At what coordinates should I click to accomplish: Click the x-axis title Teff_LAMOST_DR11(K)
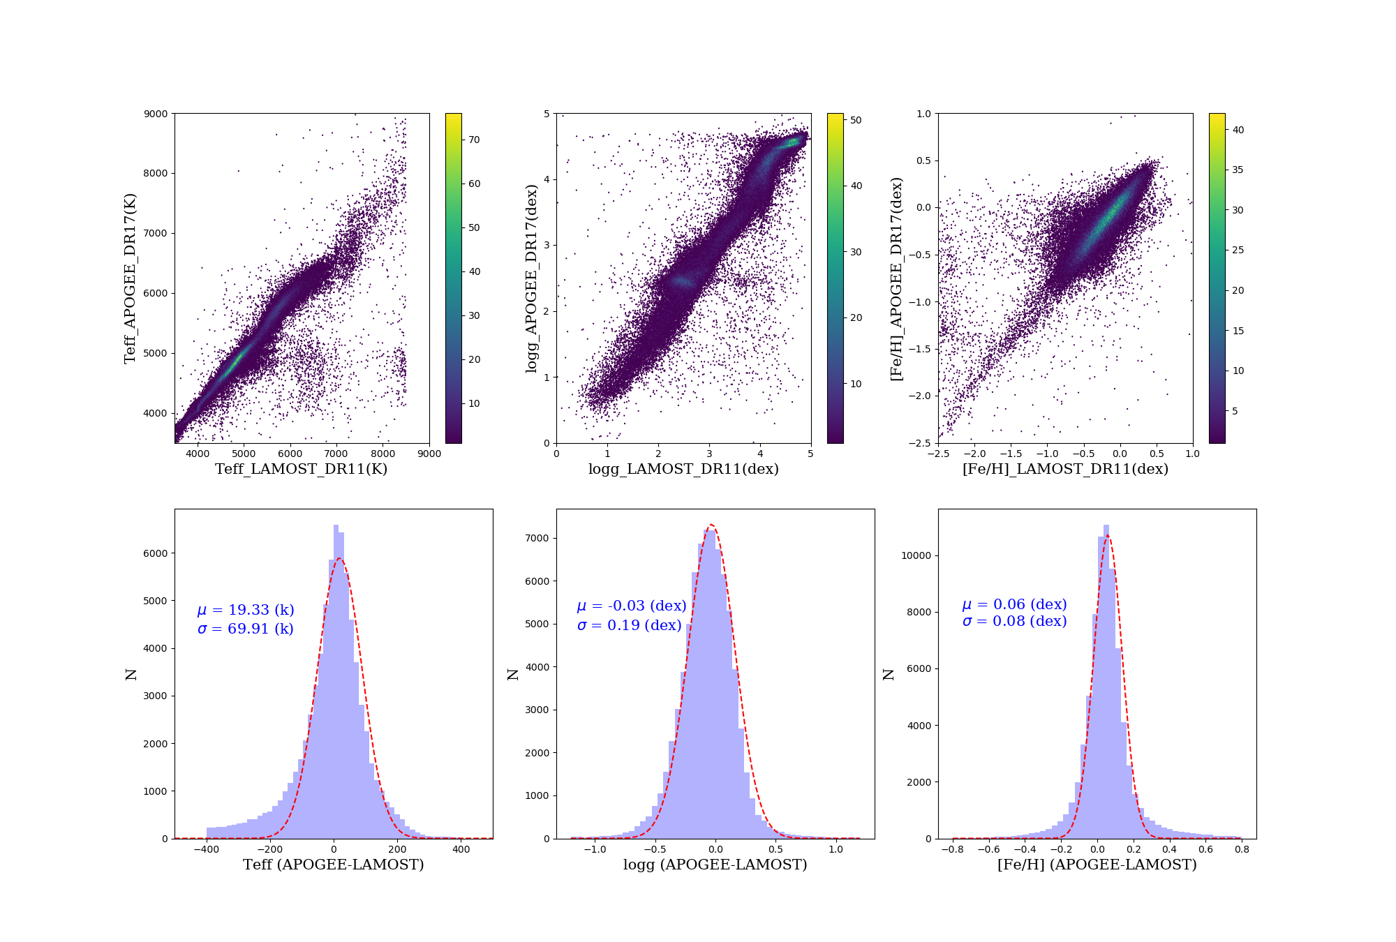pos(301,469)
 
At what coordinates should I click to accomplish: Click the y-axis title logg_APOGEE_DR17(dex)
pos(532,278)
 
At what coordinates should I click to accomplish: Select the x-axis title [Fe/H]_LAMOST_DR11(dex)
pos(1065,469)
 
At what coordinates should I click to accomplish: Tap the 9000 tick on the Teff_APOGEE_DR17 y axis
pos(156,114)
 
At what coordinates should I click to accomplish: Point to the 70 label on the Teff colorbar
pos(475,140)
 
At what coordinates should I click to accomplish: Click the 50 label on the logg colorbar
pos(856,120)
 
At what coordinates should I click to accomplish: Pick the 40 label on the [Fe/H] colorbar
pos(1238,130)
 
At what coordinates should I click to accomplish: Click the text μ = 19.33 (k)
pos(246,610)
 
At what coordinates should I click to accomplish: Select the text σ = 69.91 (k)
pos(246,629)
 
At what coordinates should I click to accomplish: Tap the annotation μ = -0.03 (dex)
pos(632,606)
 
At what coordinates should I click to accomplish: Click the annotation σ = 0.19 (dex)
pos(630,625)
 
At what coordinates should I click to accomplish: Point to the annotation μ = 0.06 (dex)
pos(1015,604)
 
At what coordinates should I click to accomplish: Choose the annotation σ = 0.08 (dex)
pos(1015,621)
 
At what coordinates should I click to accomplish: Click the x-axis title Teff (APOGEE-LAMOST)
pos(334,865)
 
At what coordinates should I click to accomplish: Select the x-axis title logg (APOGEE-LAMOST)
pos(715,865)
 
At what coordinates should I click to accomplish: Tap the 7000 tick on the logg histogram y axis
pos(537,538)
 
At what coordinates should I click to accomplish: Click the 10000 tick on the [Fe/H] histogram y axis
pos(916,555)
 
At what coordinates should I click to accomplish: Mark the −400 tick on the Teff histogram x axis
pos(206,849)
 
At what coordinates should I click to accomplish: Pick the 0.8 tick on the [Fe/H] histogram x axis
pos(1242,849)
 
